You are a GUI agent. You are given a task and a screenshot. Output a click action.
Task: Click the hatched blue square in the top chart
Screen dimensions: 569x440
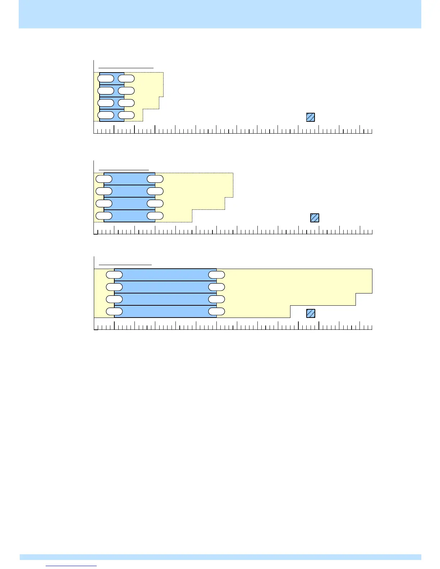[311, 117]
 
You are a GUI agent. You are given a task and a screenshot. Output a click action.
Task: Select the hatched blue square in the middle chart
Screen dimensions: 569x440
[315, 218]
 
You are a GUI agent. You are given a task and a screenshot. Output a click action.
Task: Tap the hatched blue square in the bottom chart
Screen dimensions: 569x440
[311, 313]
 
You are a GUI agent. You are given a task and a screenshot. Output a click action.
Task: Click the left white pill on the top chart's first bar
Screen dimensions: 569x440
[106, 78]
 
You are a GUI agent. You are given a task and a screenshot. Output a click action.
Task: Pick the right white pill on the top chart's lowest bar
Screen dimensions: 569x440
[126, 115]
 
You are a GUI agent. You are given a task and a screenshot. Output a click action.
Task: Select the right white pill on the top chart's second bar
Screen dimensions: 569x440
[126, 91]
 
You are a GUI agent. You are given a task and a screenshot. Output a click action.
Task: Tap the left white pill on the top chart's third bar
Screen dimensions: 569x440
[106, 103]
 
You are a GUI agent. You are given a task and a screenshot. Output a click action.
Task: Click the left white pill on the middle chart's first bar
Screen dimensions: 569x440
[104, 179]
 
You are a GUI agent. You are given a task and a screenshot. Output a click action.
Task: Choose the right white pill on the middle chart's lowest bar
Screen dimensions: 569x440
[155, 216]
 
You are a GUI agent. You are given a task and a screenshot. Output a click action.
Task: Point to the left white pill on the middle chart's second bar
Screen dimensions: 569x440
[104, 191]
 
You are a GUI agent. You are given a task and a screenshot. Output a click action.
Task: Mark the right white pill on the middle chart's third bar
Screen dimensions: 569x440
[155, 204]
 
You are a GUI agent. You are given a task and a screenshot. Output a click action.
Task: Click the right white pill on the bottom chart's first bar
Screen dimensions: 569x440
[217, 275]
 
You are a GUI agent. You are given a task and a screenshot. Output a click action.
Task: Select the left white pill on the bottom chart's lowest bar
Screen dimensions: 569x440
[114, 311]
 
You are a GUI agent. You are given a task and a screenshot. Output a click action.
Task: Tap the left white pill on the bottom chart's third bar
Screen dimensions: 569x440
[114, 299]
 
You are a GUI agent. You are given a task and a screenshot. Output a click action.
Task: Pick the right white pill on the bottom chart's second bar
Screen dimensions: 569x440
[217, 287]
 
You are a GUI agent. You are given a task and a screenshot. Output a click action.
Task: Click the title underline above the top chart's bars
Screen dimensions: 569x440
[126, 68]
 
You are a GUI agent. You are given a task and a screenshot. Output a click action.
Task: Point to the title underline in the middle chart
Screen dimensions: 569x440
[124, 169]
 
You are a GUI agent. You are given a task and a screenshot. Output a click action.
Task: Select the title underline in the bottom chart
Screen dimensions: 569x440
[125, 265]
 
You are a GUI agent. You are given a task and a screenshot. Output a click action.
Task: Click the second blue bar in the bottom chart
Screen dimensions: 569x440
[165, 287]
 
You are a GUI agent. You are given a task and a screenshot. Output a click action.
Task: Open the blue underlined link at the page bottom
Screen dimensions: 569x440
[72, 566]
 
